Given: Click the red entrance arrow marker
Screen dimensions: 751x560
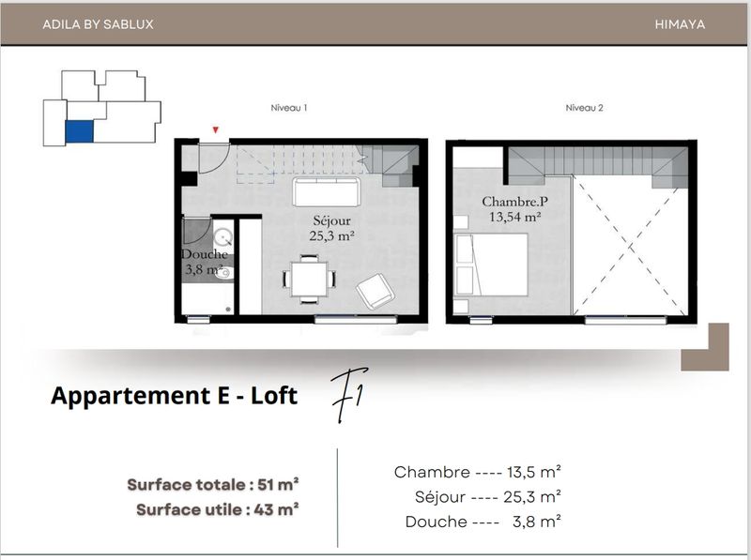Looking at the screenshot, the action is click(216, 129).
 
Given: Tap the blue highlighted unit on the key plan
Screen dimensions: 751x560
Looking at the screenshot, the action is click(79, 131).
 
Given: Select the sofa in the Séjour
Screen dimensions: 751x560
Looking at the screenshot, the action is click(327, 192).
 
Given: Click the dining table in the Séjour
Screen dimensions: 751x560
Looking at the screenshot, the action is click(310, 279).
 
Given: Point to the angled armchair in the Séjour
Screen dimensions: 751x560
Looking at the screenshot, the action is click(375, 291).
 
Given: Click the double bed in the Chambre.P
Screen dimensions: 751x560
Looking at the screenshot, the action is click(491, 265).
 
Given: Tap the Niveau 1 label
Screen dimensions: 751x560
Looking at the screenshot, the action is click(289, 108).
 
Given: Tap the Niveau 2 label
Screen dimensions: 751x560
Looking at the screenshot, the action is click(584, 108).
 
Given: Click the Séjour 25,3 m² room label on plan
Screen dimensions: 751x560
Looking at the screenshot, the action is click(331, 228).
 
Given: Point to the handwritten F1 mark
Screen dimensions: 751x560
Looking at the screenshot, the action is click(348, 395).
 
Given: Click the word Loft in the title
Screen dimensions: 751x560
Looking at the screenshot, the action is click(274, 396).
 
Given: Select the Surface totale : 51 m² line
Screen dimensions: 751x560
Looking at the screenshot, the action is click(213, 484).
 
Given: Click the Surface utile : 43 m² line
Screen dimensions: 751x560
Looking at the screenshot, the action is click(218, 509).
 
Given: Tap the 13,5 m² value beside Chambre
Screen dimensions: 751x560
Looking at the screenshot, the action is click(534, 472).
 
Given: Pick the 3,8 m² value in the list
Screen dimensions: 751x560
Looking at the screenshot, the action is click(537, 522).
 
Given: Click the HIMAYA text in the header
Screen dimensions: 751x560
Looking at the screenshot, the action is click(680, 24).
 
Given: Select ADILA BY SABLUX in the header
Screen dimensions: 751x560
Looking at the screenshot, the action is click(99, 24).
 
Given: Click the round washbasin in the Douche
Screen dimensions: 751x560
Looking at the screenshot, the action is click(222, 237).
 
